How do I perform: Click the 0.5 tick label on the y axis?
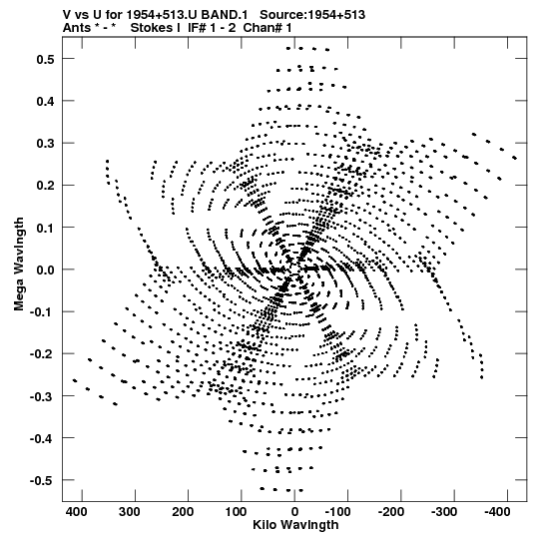point(46,59)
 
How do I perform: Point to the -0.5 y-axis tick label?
point(42,480)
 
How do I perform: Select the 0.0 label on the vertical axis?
point(46,270)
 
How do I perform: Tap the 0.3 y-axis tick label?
point(46,144)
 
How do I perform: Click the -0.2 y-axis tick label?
point(42,354)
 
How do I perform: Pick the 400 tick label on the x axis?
point(76,512)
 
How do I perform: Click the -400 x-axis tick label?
point(497,512)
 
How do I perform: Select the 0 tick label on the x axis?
point(294,512)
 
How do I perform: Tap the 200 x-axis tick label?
point(183,512)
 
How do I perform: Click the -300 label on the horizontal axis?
point(444,512)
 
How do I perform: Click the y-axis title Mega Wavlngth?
point(19,265)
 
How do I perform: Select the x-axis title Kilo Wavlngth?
point(295,525)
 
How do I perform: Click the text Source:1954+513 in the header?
point(312,15)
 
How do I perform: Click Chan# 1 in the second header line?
point(268,28)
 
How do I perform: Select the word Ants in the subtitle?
point(77,28)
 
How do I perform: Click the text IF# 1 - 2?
point(212,28)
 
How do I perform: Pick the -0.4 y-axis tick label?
point(42,438)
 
